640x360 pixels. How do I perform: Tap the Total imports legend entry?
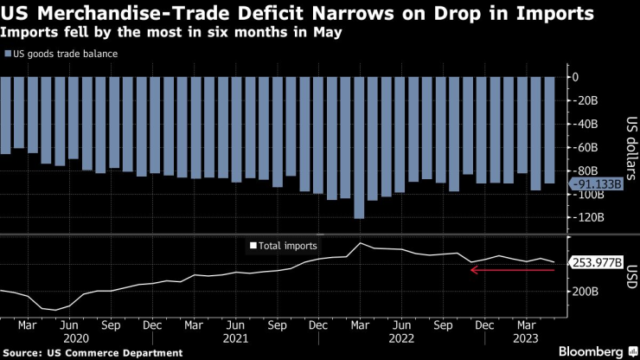(x=283, y=246)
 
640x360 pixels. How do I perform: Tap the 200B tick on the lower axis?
(x=586, y=292)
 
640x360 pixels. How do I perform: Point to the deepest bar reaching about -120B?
(x=359, y=147)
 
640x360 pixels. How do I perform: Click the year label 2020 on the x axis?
(x=77, y=340)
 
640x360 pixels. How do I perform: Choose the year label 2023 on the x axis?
(x=526, y=340)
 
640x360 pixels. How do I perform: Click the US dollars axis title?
(x=630, y=146)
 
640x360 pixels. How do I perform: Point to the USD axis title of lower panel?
(x=630, y=279)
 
